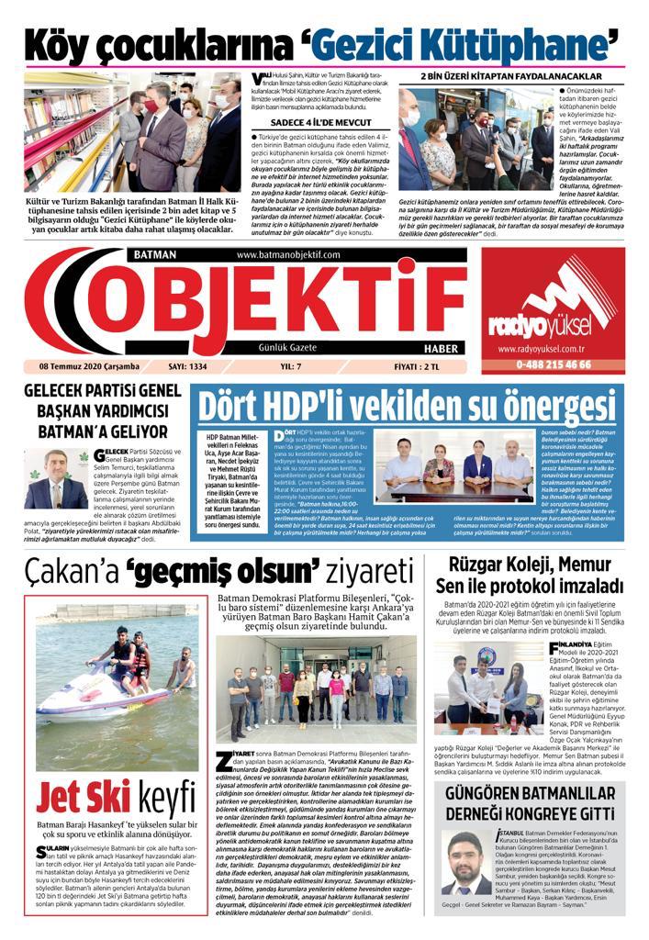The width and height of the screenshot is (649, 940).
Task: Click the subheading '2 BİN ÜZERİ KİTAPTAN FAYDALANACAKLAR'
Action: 510,75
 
